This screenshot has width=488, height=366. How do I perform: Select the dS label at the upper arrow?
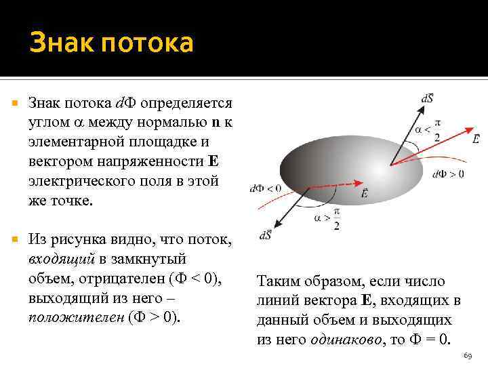tap(428, 99)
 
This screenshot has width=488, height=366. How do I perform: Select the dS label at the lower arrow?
tap(266, 235)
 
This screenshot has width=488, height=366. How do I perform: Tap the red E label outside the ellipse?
tap(476, 139)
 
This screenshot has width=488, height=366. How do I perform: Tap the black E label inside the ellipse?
tap(365, 194)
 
